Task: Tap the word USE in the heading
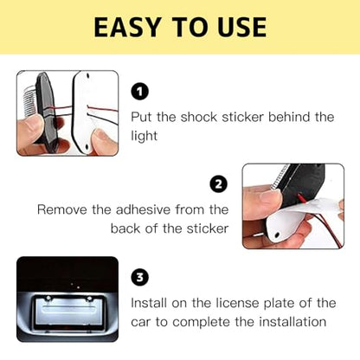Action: [x=235, y=27]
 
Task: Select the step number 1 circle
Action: [x=140, y=92]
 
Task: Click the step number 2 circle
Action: [x=219, y=184]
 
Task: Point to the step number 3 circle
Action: [x=140, y=277]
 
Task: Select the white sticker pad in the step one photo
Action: [x=92, y=112]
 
